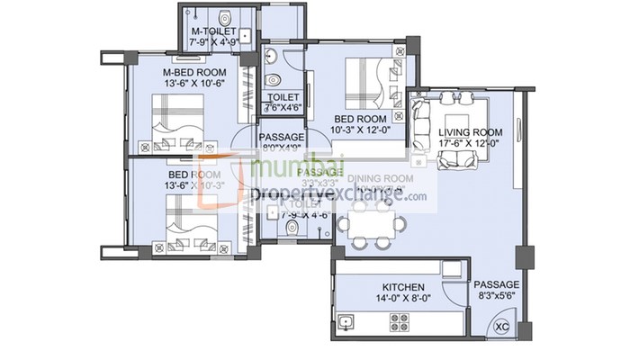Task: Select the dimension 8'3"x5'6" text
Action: (498, 293)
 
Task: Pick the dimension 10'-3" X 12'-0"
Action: (361, 130)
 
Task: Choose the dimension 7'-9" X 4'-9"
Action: (214, 41)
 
